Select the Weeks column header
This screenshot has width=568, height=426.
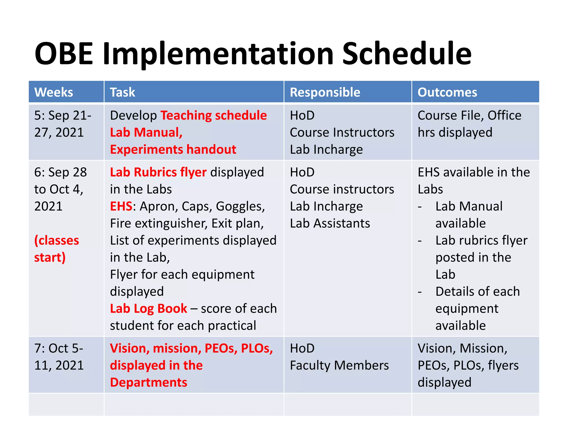click(54, 92)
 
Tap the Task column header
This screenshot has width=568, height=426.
click(122, 92)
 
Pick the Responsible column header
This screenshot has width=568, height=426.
click(325, 92)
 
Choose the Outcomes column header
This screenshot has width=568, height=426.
click(447, 92)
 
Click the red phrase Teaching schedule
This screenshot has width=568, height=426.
click(214, 115)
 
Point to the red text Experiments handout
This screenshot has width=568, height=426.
click(173, 149)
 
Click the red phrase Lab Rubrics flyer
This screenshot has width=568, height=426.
click(158, 172)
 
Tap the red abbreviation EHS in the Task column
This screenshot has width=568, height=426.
click(121, 206)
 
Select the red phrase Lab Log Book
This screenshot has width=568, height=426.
click(148, 309)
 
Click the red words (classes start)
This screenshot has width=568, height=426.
click(56, 249)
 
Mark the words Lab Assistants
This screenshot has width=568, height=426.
click(330, 224)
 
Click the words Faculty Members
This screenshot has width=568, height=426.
click(339, 366)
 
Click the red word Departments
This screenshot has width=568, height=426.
click(148, 382)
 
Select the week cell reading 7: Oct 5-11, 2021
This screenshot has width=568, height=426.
click(59, 357)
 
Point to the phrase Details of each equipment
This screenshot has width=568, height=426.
click(477, 300)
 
